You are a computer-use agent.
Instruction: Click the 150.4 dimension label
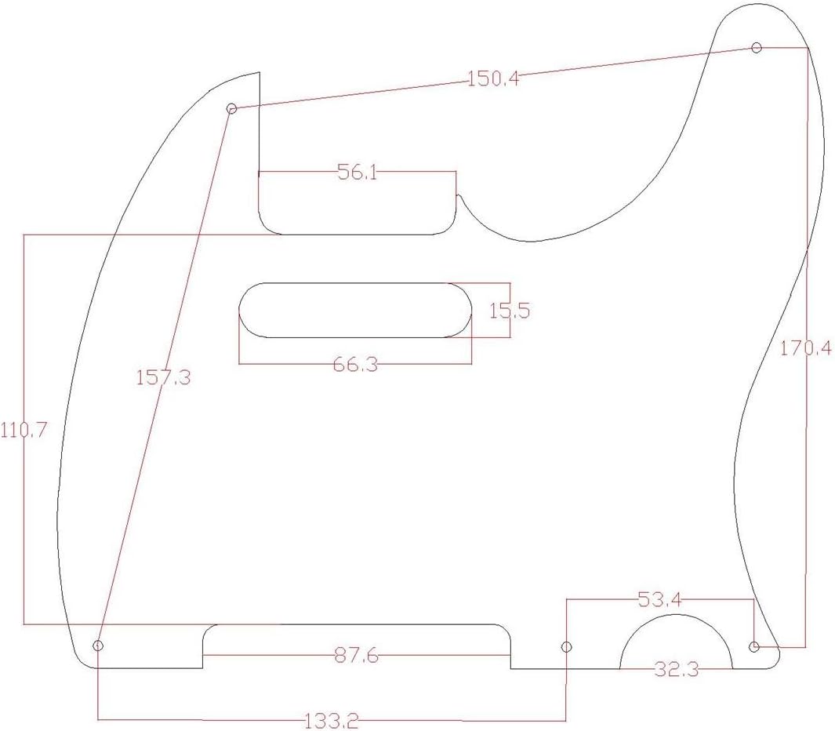point(493,79)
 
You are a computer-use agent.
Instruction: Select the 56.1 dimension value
point(358,172)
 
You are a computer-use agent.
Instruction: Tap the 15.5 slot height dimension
point(510,310)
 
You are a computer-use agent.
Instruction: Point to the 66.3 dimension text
point(356,365)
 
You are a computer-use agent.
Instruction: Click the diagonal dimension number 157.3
point(163,378)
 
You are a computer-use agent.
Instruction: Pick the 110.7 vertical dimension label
point(24,430)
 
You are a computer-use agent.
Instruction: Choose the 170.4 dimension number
point(806,348)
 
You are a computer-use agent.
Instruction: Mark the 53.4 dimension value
point(659,601)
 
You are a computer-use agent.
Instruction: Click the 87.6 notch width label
point(357,656)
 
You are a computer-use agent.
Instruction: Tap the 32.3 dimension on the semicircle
point(677,669)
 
